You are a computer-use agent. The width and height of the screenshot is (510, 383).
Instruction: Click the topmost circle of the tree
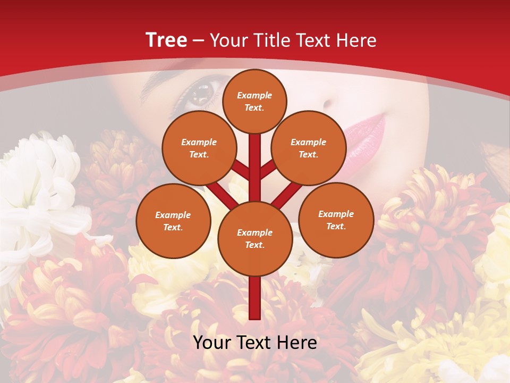click(254, 101)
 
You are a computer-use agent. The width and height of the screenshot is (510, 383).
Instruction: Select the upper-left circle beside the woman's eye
click(199, 148)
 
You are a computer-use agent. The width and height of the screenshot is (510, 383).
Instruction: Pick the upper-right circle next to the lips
click(309, 148)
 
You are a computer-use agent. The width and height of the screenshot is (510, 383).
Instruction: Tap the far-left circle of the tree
click(173, 221)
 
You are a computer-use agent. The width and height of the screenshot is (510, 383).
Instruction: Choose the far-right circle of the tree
click(336, 220)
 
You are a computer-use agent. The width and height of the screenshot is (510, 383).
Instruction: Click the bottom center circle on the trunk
click(255, 238)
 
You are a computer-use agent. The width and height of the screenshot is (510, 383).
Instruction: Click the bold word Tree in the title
click(166, 40)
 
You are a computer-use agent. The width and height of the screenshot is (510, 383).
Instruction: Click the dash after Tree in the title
click(199, 41)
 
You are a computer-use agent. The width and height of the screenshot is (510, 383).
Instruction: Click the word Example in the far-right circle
click(336, 214)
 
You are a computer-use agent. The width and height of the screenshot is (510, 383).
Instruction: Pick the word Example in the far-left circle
click(173, 215)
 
